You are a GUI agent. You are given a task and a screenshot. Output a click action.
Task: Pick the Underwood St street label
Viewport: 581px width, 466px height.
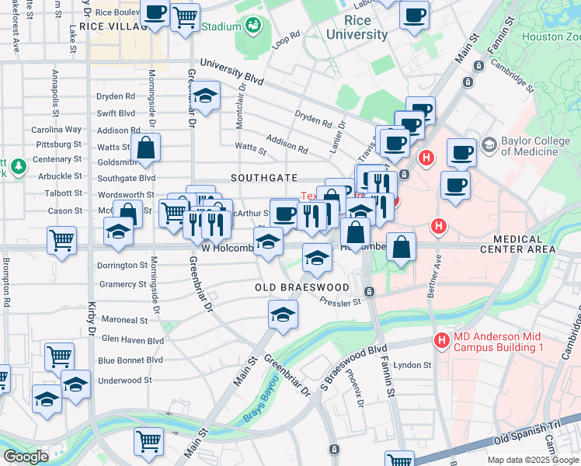tap(126, 381)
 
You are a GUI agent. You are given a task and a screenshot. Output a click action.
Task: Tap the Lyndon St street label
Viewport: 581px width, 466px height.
tap(412, 365)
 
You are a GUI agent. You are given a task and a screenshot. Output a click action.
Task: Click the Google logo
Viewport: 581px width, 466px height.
tap(26, 457)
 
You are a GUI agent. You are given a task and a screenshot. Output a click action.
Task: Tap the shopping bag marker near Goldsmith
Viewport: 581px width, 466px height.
tap(145, 146)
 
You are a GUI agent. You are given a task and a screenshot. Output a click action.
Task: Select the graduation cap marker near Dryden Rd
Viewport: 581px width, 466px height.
tap(206, 96)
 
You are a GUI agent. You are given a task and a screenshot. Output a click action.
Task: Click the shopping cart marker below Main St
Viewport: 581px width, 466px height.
tap(148, 440)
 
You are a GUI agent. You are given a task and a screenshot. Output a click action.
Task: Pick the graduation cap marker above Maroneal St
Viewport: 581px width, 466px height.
tap(282, 315)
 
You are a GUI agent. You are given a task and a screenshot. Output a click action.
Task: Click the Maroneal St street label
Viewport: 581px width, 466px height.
tap(124, 320)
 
